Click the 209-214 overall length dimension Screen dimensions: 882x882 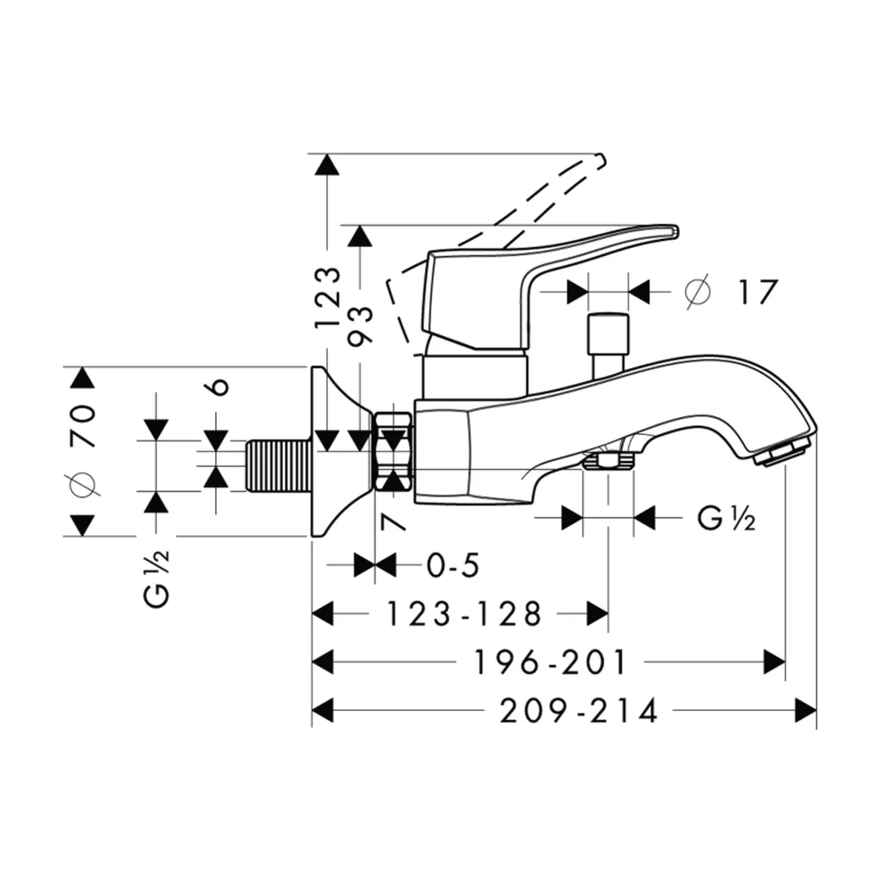point(579,710)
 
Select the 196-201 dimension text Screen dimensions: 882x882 point(549,662)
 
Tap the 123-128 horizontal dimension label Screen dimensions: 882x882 point(464,614)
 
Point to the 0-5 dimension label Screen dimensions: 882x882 point(452,565)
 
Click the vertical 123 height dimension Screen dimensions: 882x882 point(328,297)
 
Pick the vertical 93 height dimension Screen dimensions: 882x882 point(361,325)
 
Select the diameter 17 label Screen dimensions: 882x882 point(732,292)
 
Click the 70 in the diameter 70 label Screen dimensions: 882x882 point(83,425)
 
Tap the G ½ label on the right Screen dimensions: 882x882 point(726,518)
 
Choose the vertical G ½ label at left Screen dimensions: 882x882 point(157,579)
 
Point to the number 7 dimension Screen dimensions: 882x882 point(392,522)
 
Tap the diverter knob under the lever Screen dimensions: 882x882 point(608,344)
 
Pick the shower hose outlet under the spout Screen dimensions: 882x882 point(608,462)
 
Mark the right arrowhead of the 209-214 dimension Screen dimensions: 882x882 point(805,710)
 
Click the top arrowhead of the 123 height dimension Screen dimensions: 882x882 point(328,166)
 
